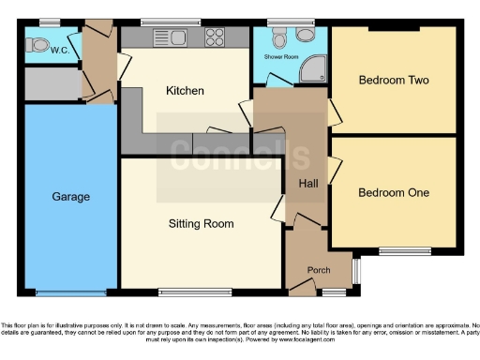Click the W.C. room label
[62, 51]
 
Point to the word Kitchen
[186, 91]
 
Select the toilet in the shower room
[278, 37]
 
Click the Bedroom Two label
[394, 81]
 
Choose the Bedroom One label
[394, 192]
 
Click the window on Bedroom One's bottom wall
[405, 250]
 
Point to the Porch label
[319, 271]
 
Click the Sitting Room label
[201, 224]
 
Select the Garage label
[70, 197]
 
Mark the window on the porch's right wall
[354, 271]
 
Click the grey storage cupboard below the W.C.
[52, 84]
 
